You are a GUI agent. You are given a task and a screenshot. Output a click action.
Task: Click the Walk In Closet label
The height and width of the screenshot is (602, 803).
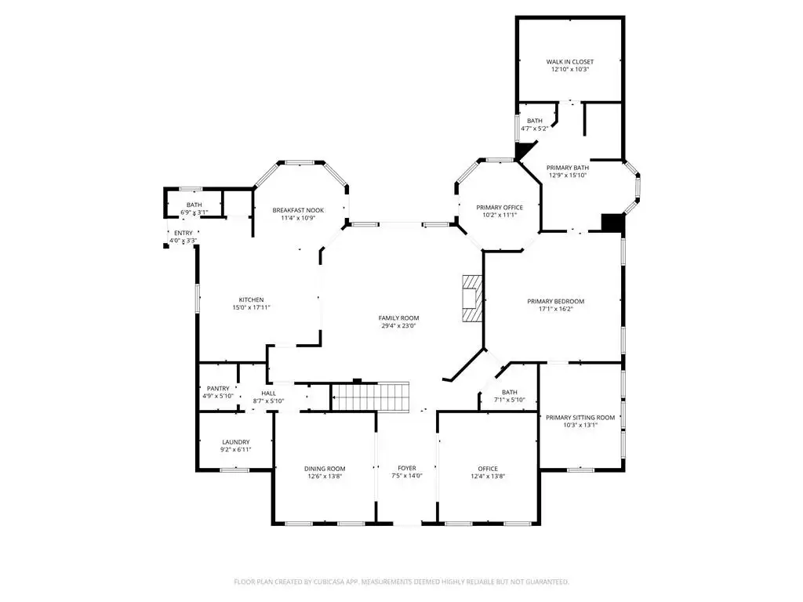point(569,62)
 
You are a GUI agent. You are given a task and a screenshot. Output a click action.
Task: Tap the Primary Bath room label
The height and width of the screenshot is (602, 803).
point(568,168)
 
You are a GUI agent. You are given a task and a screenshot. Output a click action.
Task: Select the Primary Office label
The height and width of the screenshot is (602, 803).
point(500,207)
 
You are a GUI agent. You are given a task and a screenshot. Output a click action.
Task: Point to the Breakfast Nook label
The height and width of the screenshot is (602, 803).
point(298,210)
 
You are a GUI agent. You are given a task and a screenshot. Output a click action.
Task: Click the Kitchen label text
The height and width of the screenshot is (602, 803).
point(252,300)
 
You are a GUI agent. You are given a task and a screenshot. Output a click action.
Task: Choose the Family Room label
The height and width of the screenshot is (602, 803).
point(399,318)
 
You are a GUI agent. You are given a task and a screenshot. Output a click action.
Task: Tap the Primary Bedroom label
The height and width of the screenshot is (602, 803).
point(556,302)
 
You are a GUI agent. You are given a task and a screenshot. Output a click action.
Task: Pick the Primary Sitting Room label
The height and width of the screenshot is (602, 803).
point(580,418)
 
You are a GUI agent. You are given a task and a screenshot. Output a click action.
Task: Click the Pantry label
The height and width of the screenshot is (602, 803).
point(218,389)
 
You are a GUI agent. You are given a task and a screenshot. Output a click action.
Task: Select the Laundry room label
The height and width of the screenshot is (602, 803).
point(236,442)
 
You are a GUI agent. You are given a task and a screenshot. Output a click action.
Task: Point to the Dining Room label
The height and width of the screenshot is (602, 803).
point(325,469)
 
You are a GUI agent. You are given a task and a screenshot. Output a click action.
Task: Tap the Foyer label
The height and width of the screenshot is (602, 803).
point(407,469)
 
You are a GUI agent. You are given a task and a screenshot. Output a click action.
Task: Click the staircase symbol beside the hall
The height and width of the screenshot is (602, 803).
point(370,396)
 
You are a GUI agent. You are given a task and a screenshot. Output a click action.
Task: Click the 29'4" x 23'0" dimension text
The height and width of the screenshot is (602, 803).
point(399,325)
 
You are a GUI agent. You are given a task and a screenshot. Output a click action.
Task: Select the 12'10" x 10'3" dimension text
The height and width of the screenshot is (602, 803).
point(569,69)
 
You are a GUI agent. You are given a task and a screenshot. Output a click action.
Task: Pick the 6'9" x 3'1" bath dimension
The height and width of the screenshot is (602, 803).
point(194,212)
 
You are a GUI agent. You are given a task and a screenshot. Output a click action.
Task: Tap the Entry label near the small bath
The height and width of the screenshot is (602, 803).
point(183,234)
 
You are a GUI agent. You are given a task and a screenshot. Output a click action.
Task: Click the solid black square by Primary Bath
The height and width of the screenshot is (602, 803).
point(612,223)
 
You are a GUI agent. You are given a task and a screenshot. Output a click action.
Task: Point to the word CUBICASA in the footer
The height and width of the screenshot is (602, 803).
point(336,582)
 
